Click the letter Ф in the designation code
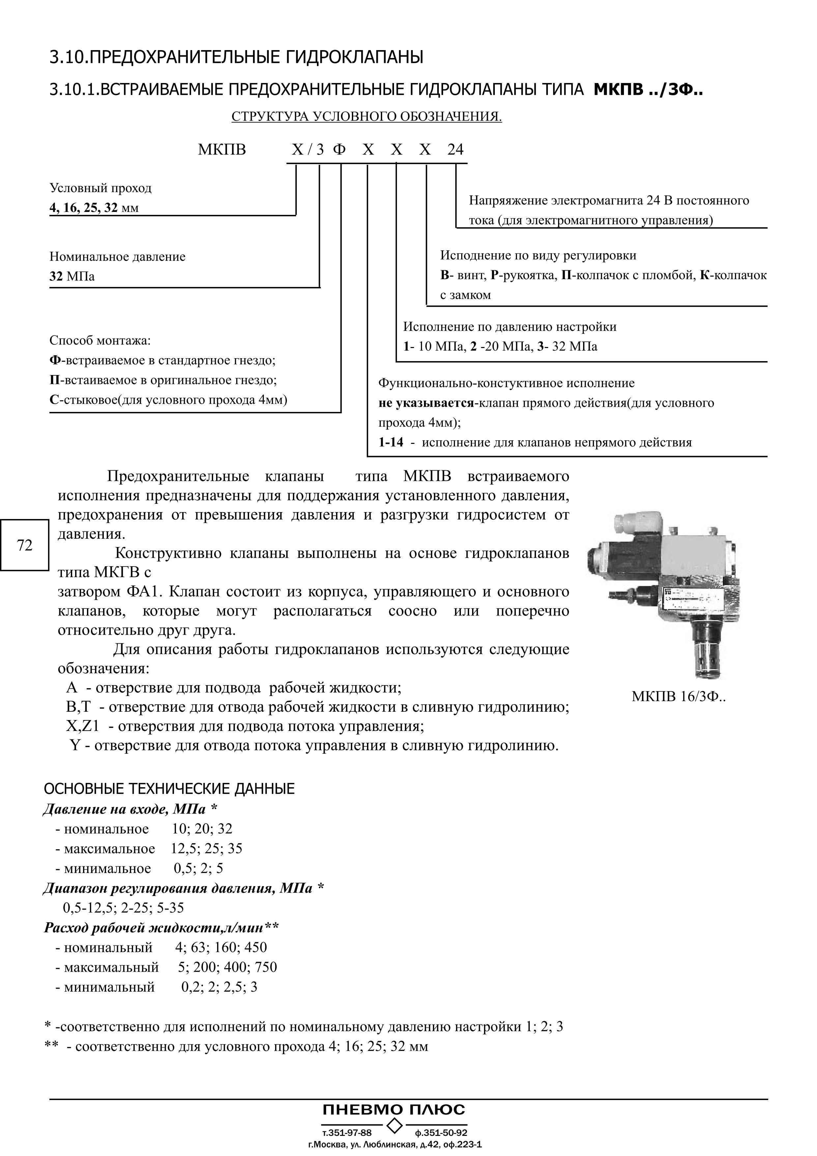[x=340, y=150]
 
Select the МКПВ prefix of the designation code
[x=222, y=150]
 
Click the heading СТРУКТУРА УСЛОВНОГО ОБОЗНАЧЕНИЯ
[x=366, y=117]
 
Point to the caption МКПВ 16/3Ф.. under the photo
[x=679, y=697]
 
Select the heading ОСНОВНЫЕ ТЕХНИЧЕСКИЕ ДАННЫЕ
[x=169, y=789]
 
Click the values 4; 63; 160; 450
[x=221, y=947]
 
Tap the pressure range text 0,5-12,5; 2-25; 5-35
[x=123, y=908]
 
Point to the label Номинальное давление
[x=117, y=257]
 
